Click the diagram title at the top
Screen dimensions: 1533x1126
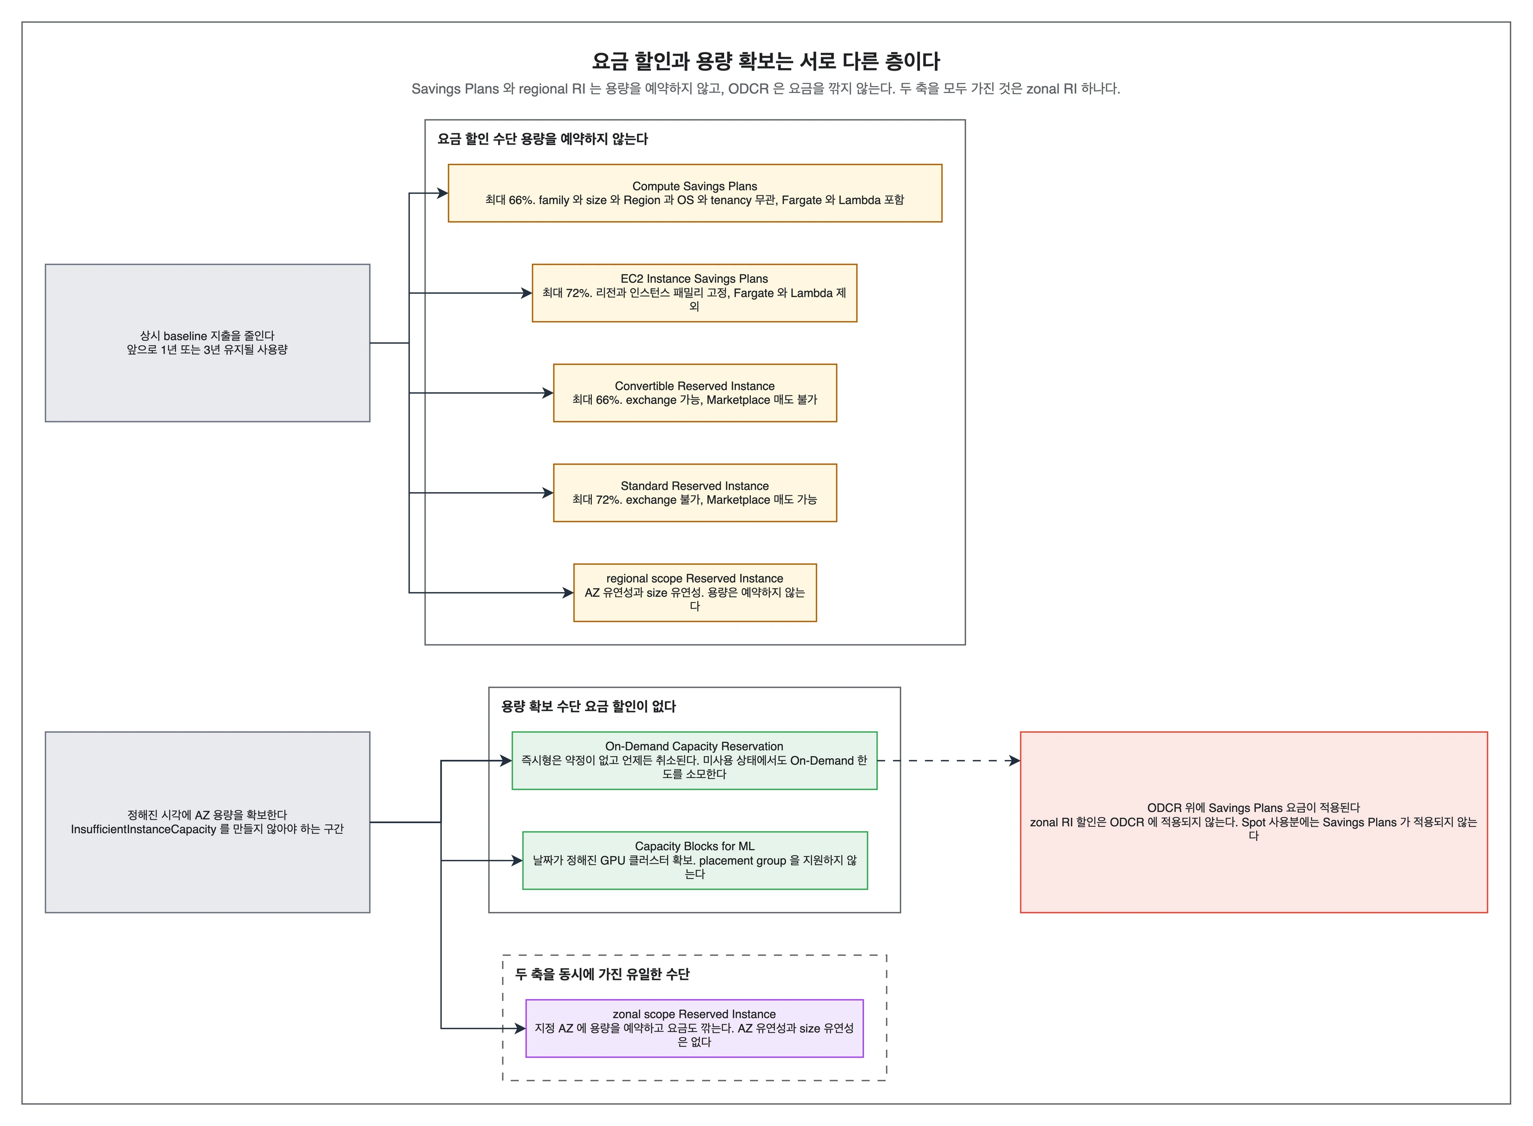(x=766, y=61)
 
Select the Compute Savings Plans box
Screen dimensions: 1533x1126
(x=695, y=193)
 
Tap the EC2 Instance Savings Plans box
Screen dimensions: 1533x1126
(x=694, y=293)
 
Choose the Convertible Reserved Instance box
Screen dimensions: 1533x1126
(x=695, y=393)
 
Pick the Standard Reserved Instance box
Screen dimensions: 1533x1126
(x=695, y=493)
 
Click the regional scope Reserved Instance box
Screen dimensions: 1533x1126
(x=695, y=592)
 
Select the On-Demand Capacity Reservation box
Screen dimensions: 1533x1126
(x=694, y=760)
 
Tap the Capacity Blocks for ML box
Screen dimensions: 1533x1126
(x=695, y=860)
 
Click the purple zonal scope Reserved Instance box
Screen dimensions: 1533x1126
(x=694, y=1029)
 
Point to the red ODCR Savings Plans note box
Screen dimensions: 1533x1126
(x=1253, y=822)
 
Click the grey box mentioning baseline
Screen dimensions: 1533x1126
(x=207, y=343)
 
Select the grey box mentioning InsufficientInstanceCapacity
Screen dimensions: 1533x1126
(x=207, y=822)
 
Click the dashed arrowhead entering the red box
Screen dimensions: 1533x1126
(x=1014, y=760)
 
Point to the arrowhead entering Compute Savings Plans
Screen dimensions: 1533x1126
(x=442, y=193)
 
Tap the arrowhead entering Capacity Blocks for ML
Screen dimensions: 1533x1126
(x=516, y=861)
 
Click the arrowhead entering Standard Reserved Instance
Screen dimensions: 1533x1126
(x=547, y=493)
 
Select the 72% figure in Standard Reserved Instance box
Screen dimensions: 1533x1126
(x=608, y=499)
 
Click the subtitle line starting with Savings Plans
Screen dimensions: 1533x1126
(x=766, y=89)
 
